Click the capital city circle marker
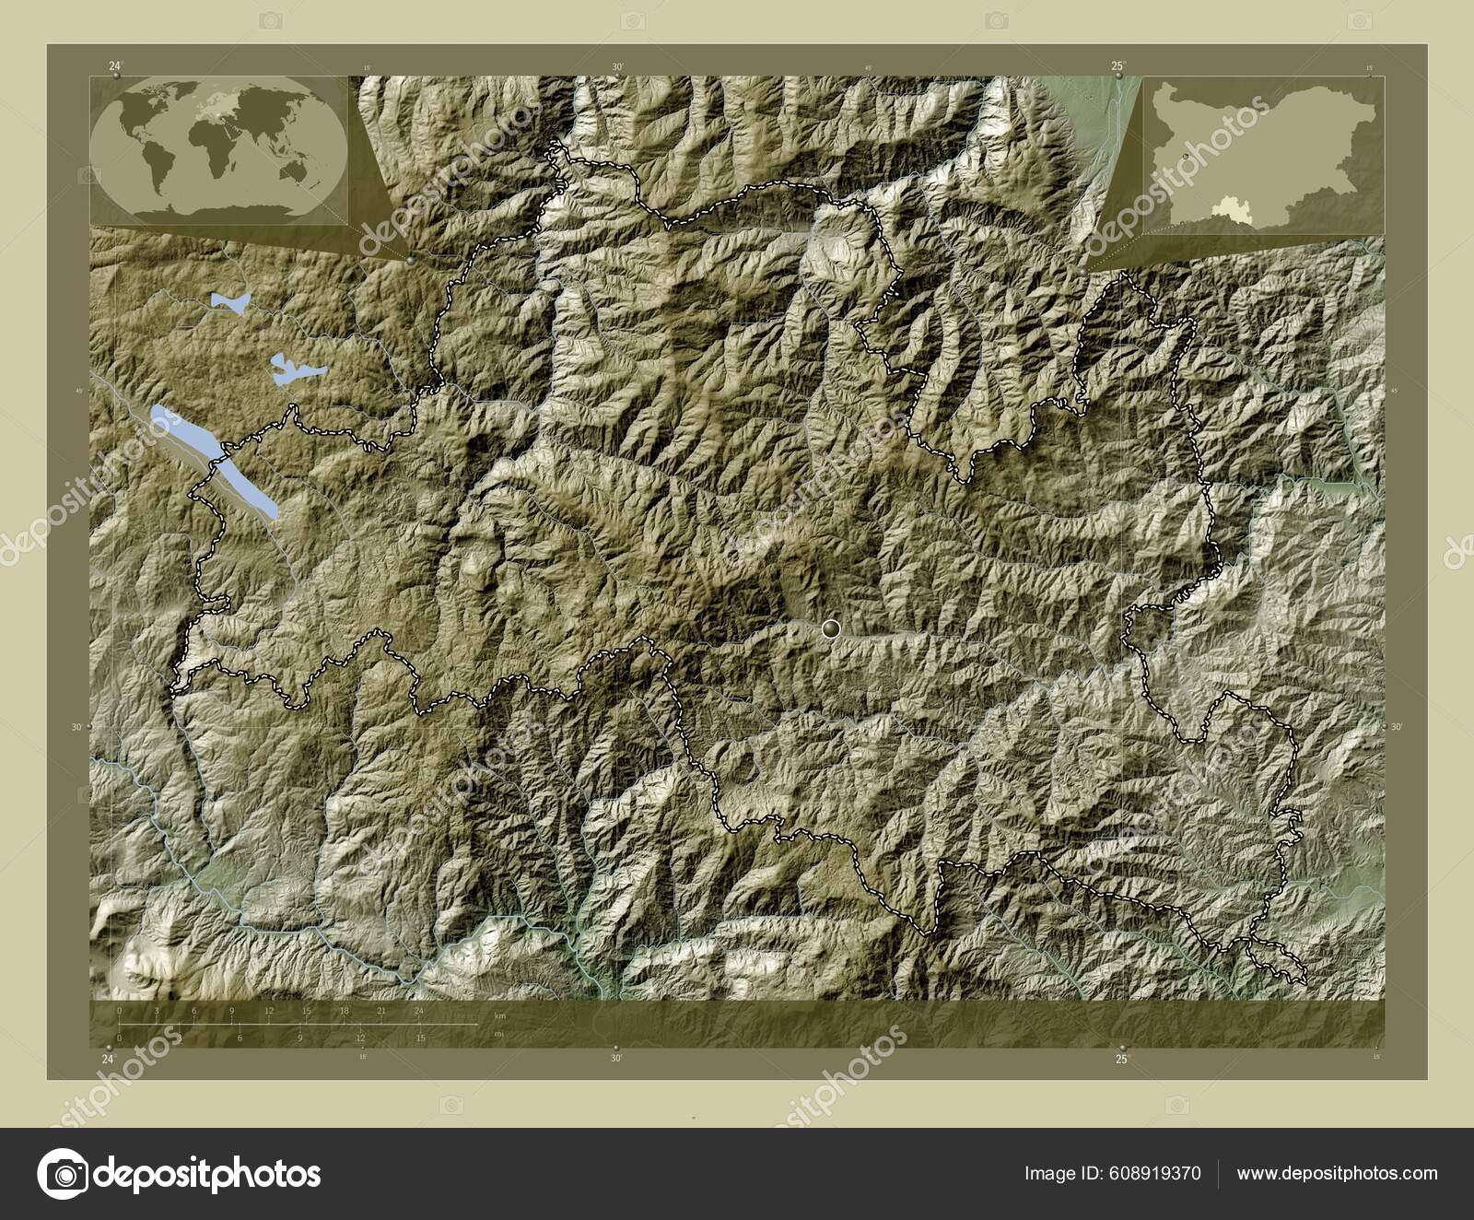tap(831, 628)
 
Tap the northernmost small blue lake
tap(230, 301)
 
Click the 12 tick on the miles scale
tap(360, 1038)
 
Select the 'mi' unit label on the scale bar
tap(499, 1035)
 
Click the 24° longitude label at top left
tap(114, 65)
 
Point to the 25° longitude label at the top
tap(1117, 65)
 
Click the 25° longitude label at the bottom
tap(1122, 1060)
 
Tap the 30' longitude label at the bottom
tap(615, 1060)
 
